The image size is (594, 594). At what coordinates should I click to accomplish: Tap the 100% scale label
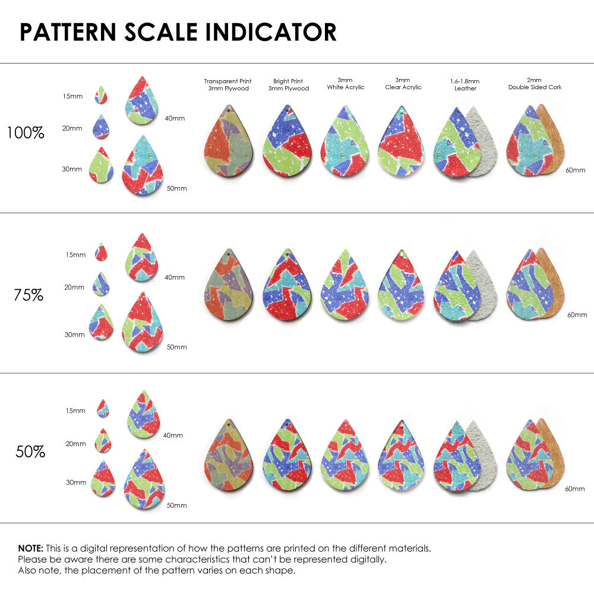tap(26, 133)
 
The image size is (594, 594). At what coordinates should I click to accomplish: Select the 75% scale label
tap(28, 295)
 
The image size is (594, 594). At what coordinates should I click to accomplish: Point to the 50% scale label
tap(30, 452)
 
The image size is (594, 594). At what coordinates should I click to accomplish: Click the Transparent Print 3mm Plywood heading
tap(228, 84)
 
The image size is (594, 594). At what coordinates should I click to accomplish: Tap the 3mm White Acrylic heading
tap(345, 84)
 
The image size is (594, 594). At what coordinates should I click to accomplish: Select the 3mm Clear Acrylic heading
tap(403, 84)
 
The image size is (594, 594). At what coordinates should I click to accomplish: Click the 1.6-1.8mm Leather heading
tap(465, 84)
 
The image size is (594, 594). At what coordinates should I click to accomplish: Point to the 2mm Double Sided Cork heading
tap(535, 84)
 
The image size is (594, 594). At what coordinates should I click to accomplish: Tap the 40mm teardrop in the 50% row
tap(144, 415)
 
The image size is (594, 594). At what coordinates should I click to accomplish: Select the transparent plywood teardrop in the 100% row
tap(229, 143)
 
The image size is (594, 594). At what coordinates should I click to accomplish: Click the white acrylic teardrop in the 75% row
tap(345, 287)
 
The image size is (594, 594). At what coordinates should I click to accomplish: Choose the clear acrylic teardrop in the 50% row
tap(401, 456)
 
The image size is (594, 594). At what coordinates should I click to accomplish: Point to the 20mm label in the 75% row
tap(74, 287)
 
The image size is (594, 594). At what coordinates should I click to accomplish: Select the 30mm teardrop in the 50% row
tap(103, 479)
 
